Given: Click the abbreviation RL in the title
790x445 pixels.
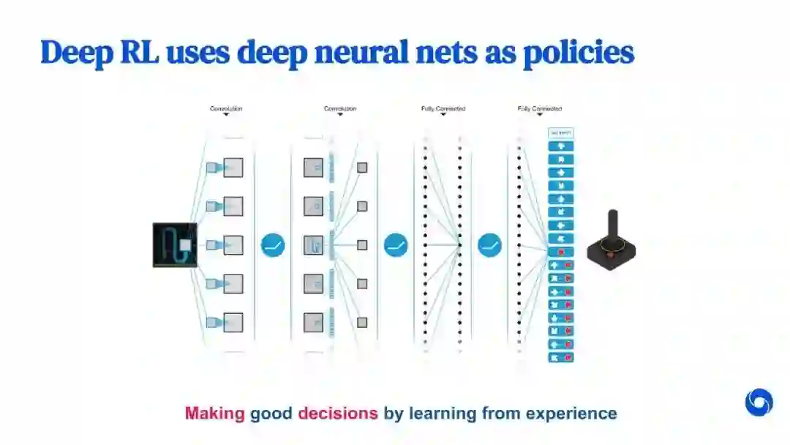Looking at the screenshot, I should pos(139,53).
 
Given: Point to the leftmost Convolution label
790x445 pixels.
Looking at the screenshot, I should pos(226,109).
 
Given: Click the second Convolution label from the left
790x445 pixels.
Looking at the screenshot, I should pos(340,109).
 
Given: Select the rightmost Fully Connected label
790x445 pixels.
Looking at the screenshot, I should pos(540,109).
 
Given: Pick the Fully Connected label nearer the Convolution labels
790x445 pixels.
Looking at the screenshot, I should pos(443,109).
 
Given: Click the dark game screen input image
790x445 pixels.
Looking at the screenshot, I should pos(175,244).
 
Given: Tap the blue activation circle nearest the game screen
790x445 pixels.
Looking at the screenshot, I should pos(273,244).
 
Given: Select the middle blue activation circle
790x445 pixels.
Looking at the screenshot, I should pos(396,244).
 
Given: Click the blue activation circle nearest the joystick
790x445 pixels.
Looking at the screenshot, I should pos(490,244).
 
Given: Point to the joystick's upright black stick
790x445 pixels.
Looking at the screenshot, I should pos(613,224).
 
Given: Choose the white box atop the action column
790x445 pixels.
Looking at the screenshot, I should pos(561,133).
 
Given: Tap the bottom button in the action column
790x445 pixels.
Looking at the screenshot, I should pos(561,357).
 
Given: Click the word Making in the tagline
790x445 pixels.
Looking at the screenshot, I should pos(214,414).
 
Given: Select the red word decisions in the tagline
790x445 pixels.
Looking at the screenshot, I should pos(338,414).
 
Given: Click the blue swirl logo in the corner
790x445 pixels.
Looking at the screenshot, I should pos(759,403).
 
